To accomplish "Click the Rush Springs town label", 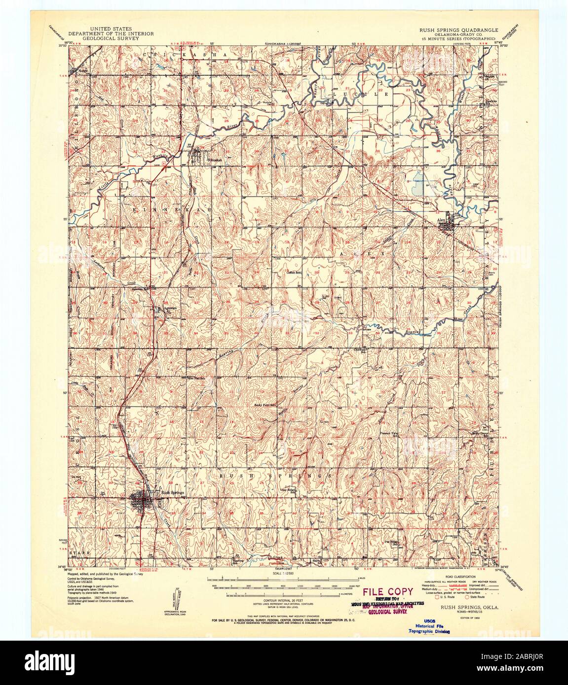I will pos(172,492).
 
